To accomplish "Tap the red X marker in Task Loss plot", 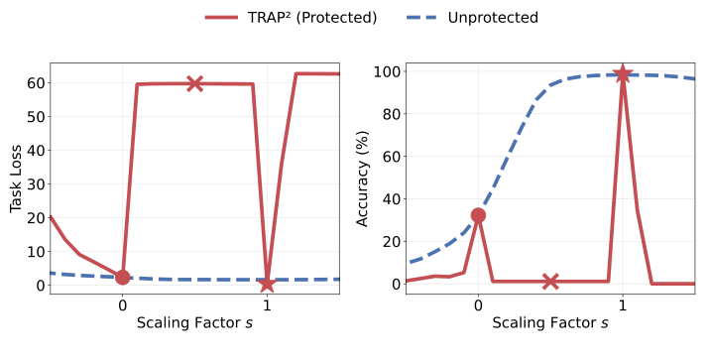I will pos(194,83).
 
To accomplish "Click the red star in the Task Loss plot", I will pos(267,284).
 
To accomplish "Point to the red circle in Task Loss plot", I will pos(122,277).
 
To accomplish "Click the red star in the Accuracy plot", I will pos(623,74).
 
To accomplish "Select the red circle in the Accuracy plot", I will pos(478,215).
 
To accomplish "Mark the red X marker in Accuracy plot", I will pos(550,282).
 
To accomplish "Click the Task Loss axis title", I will pos(16,179).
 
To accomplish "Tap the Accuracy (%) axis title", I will pos(363,179).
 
